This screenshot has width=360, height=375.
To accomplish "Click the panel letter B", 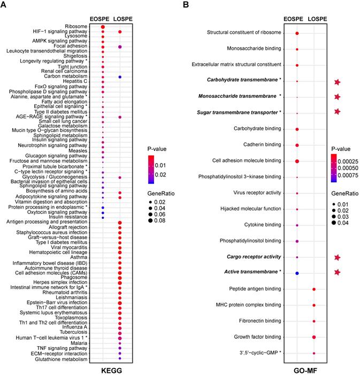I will point(186,5).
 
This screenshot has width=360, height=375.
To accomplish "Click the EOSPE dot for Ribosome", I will point(103,27).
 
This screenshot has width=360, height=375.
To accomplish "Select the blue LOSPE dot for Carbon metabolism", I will point(120,76).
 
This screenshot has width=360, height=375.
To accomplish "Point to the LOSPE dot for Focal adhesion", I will point(120,47).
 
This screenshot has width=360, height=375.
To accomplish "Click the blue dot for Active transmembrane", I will point(297,273).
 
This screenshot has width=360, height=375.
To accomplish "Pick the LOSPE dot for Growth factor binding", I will point(314,337).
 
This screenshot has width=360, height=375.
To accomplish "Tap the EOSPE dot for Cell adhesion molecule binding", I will point(297,160).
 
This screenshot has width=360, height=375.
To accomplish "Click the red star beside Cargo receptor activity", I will point(337,257).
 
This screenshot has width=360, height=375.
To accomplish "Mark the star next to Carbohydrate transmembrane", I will point(337,82).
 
